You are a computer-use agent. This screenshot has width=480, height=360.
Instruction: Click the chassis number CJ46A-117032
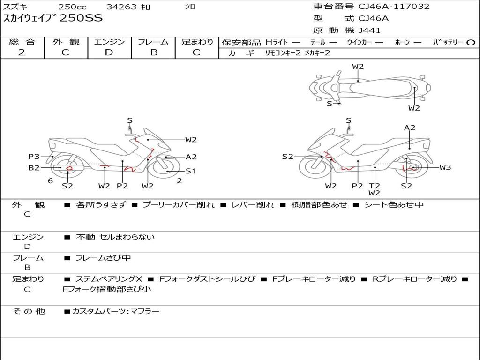point(394,7)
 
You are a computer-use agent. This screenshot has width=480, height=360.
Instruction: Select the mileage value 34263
point(121,7)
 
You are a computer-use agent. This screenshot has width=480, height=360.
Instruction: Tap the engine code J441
point(369,30)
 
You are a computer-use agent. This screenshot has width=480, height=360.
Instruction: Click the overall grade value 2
point(22,52)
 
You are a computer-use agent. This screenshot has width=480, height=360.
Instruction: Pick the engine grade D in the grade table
point(109,52)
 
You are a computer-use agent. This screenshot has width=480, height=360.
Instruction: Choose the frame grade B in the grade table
point(154,52)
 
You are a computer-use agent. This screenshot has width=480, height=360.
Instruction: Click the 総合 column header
point(22,42)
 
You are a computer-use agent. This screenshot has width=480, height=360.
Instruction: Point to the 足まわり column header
point(197,42)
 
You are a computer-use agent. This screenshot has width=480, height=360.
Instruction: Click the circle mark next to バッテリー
point(471,42)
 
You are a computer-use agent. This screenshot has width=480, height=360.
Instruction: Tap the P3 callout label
point(34,157)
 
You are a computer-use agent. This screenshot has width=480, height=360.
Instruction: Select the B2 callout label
point(34,167)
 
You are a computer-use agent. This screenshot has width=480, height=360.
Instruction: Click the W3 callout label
point(445,167)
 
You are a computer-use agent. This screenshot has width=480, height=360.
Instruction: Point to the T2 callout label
point(374,186)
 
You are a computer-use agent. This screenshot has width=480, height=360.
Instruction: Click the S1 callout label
point(191,171)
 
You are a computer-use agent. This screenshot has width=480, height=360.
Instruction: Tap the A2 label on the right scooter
point(410,127)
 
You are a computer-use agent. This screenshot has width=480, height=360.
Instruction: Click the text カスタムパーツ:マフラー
point(115,311)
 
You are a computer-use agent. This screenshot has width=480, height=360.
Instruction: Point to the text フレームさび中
point(103,258)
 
